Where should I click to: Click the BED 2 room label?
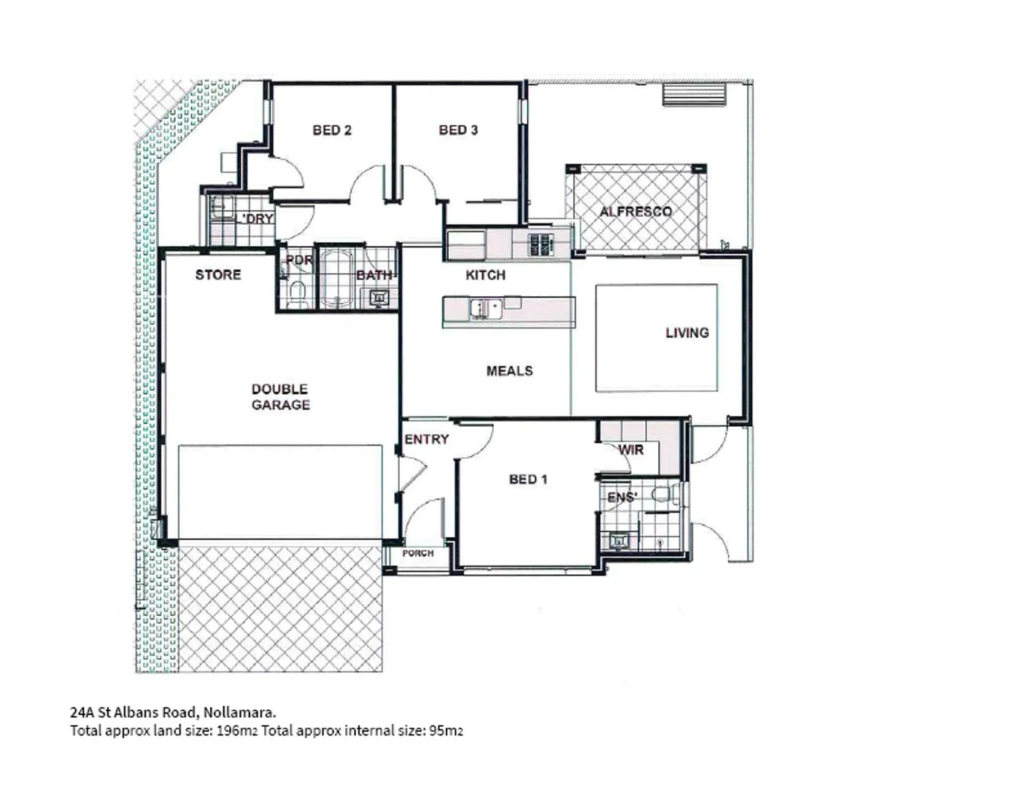[x=332, y=130]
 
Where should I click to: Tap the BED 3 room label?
[x=458, y=130]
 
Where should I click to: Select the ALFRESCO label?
[x=635, y=212]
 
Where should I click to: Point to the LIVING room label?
[x=687, y=333]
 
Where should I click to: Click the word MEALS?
[x=509, y=371]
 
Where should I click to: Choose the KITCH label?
[x=485, y=275]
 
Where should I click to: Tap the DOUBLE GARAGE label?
[x=280, y=397]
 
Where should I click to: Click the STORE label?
[x=217, y=275]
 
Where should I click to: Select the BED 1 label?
[x=528, y=479]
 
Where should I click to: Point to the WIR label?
[x=630, y=450]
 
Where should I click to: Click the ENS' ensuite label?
[x=622, y=498]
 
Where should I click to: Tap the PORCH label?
[x=418, y=554]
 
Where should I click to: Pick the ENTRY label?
[x=426, y=439]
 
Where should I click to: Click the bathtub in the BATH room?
[x=337, y=278]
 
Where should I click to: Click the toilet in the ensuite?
[x=662, y=495]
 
